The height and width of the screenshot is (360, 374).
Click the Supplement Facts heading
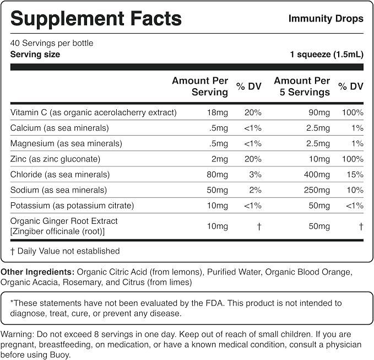pos(96,19)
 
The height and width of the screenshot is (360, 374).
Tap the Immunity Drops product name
pos(326,19)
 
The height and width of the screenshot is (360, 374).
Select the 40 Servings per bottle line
pos(52,43)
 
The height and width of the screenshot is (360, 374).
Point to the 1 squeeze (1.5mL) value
pos(327,55)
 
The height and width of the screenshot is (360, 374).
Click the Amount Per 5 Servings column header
pos(302,86)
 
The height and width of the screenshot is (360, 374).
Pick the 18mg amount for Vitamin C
pos(217,112)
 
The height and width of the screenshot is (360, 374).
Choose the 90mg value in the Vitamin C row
pos(319,112)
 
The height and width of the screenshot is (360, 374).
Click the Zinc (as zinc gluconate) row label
pos(55,159)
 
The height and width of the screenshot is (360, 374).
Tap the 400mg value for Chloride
pos(317,175)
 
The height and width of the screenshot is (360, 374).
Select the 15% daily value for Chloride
pos(355,175)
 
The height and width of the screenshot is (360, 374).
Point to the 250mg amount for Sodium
pos(317,190)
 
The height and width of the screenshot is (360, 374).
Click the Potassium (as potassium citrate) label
pos(72,206)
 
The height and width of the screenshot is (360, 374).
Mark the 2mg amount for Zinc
pos(219,159)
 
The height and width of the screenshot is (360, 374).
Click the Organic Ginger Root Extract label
pos(64,221)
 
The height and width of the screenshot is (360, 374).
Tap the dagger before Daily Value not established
pos(13,251)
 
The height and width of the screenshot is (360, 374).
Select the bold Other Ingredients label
pos(37,272)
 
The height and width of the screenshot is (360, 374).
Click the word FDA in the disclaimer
pos(214,303)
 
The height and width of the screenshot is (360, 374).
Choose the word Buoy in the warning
pos(61,355)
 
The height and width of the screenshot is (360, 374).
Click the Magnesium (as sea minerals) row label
pos(66,143)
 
